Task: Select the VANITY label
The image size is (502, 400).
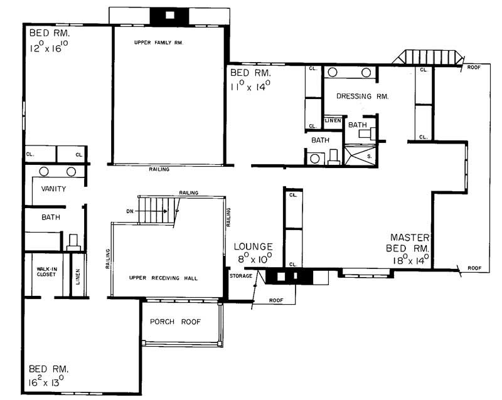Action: pyautogui.click(x=53, y=188)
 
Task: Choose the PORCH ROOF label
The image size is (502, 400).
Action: pyautogui.click(x=175, y=322)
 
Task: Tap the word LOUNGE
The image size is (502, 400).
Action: pyautogui.click(x=254, y=246)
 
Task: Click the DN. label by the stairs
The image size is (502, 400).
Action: pyautogui.click(x=131, y=211)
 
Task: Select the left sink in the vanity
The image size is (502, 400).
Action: pyautogui.click(x=44, y=171)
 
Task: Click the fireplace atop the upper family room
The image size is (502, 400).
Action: pyautogui.click(x=168, y=15)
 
